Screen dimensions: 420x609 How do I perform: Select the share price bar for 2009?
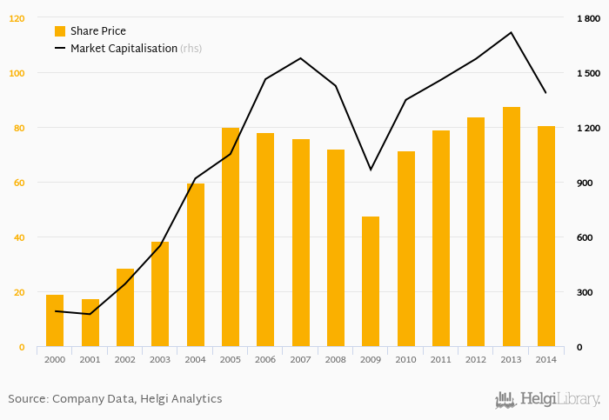[371, 282]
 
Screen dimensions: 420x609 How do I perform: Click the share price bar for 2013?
[511, 227]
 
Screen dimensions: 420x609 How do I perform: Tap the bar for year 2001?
[90, 323]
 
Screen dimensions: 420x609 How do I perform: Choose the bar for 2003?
[160, 295]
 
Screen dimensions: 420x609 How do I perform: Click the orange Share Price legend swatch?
[60, 31]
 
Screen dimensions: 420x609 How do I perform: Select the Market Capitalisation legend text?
[124, 49]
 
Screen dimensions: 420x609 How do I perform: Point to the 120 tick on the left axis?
[17, 18]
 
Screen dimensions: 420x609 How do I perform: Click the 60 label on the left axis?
[19, 183]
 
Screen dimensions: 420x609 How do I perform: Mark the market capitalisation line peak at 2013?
[511, 32]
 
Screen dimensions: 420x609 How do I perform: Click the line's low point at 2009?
[371, 170]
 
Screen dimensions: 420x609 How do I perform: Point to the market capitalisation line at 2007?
[300, 58]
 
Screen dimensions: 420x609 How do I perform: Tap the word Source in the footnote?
[27, 399]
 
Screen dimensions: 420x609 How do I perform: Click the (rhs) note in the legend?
[191, 49]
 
